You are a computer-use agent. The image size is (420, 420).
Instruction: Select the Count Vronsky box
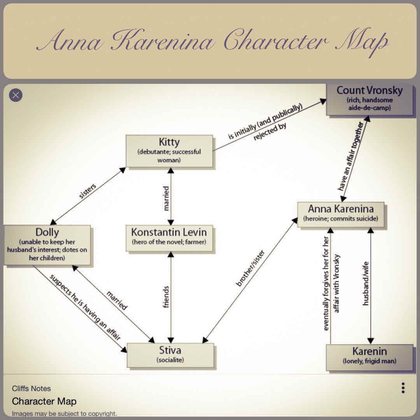tap(369, 99)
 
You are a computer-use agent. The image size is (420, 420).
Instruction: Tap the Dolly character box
tap(47, 245)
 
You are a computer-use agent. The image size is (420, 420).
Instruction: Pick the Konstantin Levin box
tap(169, 237)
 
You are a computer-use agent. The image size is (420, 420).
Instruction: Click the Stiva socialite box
tap(170, 355)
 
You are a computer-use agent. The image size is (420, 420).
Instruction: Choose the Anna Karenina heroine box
tap(340, 213)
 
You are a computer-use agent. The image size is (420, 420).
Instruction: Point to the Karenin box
tap(369, 356)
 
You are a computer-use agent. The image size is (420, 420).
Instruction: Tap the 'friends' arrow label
tap(166, 297)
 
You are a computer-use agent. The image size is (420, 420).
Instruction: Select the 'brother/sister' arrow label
tap(251, 268)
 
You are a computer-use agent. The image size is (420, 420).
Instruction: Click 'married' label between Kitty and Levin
tap(166, 198)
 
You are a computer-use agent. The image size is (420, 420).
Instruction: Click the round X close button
tap(16, 95)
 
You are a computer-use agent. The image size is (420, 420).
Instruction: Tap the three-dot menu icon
tap(403, 388)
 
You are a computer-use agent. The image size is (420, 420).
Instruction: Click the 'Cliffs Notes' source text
tap(31, 388)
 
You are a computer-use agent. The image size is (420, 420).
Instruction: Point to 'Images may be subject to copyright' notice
tap(64, 413)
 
